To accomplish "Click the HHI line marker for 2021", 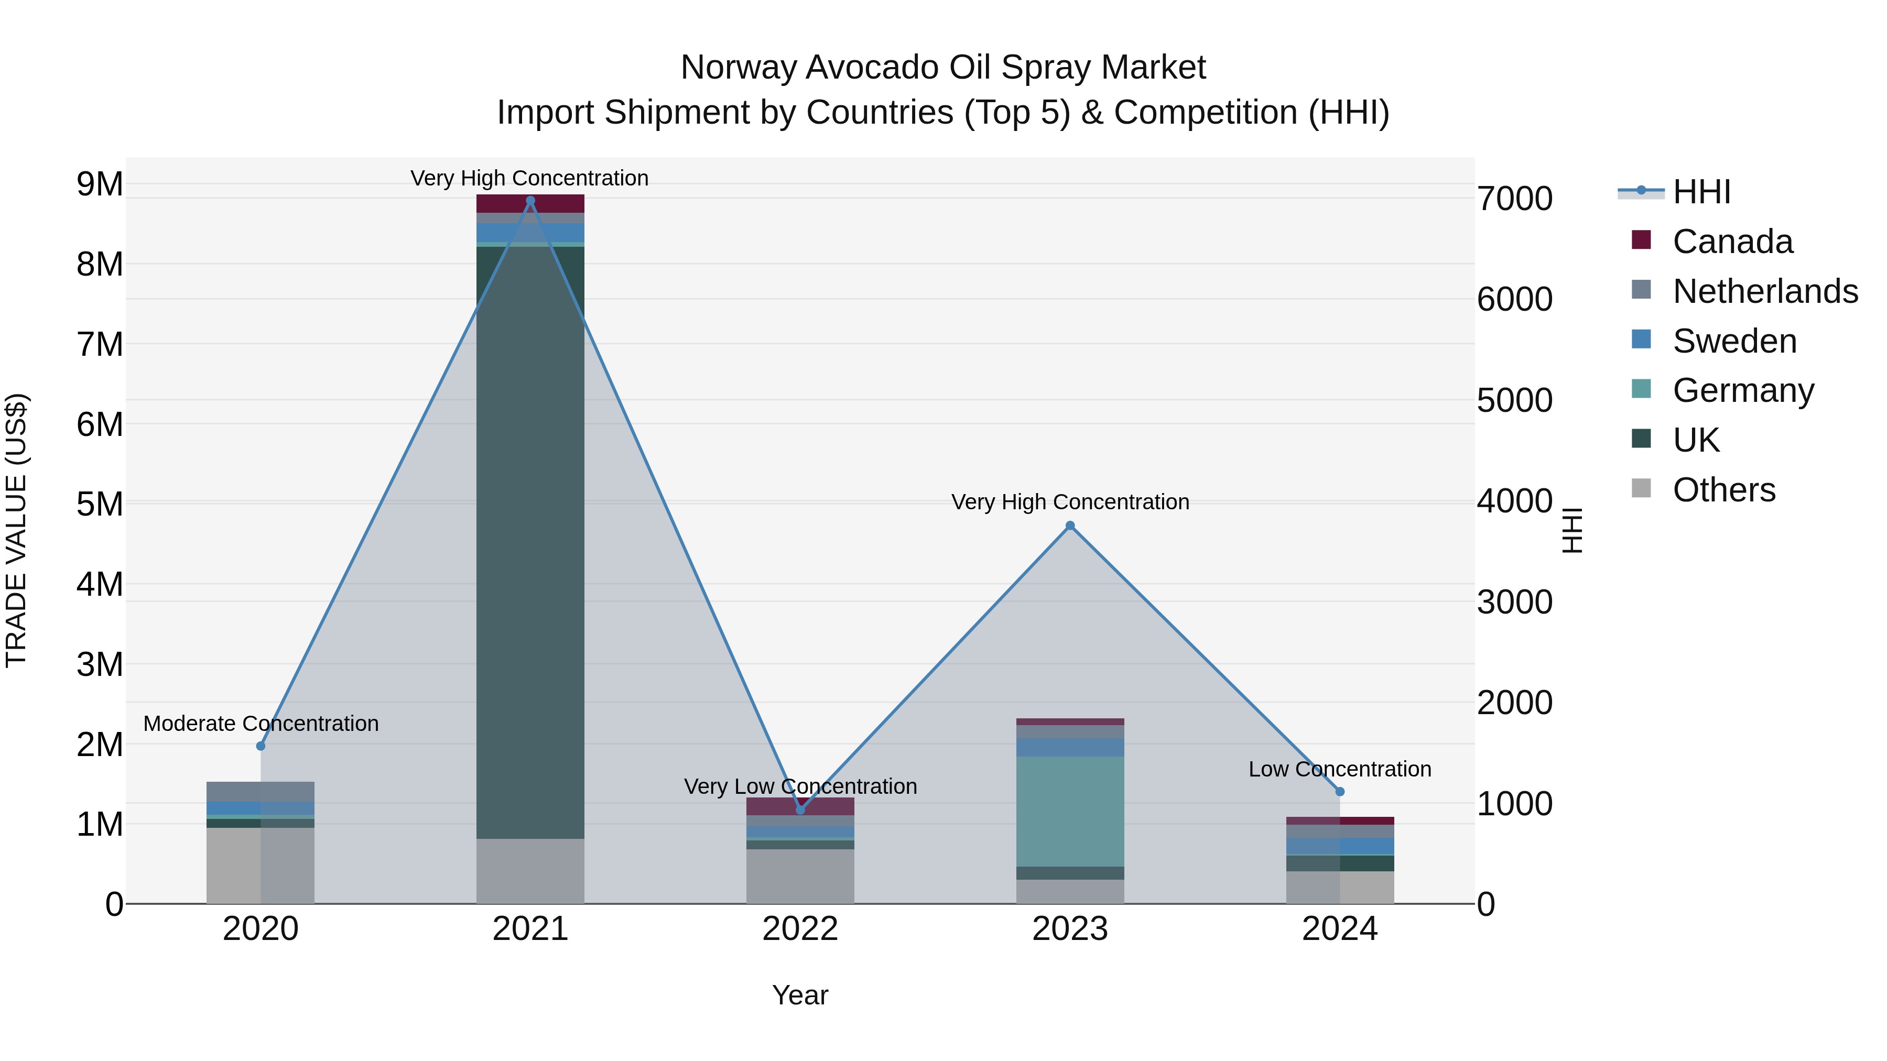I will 530,201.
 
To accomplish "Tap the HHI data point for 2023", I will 1069,526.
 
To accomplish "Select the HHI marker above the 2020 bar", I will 261,746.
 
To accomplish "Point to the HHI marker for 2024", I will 1340,792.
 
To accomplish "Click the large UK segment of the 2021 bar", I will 530,542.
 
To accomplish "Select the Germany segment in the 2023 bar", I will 1069,811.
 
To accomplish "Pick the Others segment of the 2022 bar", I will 800,877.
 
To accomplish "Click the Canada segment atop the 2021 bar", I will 530,204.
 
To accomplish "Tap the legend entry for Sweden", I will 1734,341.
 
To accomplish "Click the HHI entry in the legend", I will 1701,192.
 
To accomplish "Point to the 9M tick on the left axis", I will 100,184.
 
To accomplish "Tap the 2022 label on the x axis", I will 800,929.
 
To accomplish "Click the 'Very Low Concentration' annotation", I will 800,786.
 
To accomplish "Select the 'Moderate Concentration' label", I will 261,724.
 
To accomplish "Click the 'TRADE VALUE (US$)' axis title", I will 16,530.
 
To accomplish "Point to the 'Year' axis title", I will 800,995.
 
